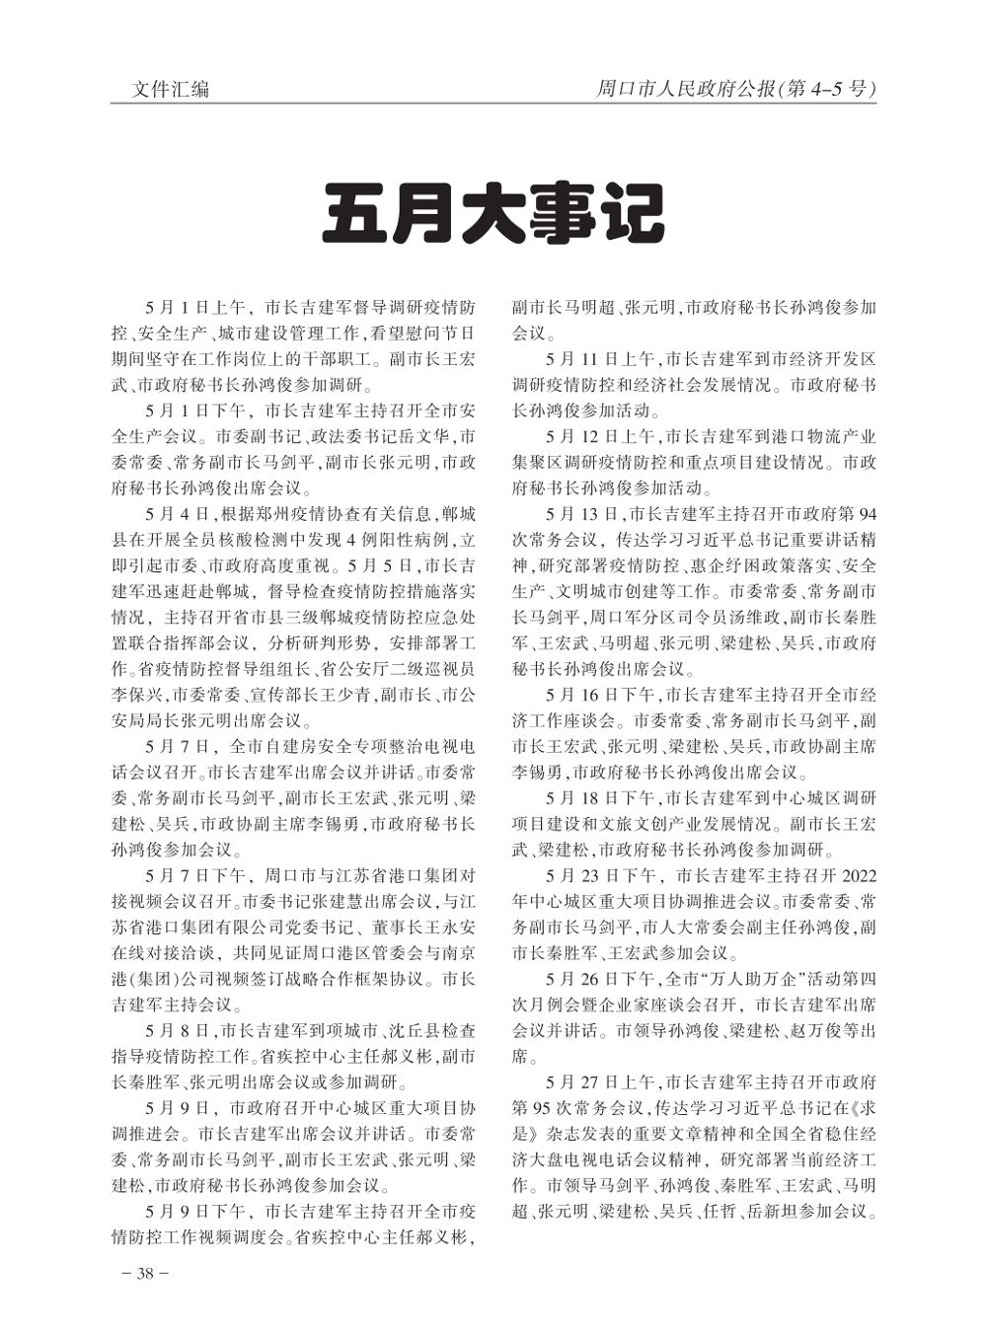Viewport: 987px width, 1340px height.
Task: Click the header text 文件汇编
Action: [x=171, y=89]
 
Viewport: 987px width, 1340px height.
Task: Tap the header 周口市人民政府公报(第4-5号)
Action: [x=735, y=89]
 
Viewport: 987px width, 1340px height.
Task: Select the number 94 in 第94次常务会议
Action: [x=866, y=514]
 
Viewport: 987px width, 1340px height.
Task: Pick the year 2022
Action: [x=856, y=875]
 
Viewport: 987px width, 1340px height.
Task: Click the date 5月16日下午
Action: [x=602, y=695]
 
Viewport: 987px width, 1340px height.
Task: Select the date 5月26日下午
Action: [x=602, y=979]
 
